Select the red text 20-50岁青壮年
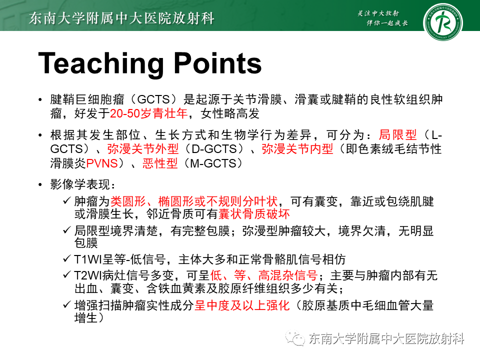tap(148, 114)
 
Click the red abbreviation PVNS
tap(101, 163)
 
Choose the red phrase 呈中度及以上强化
tap(242, 304)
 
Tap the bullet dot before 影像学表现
tap(40, 185)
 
